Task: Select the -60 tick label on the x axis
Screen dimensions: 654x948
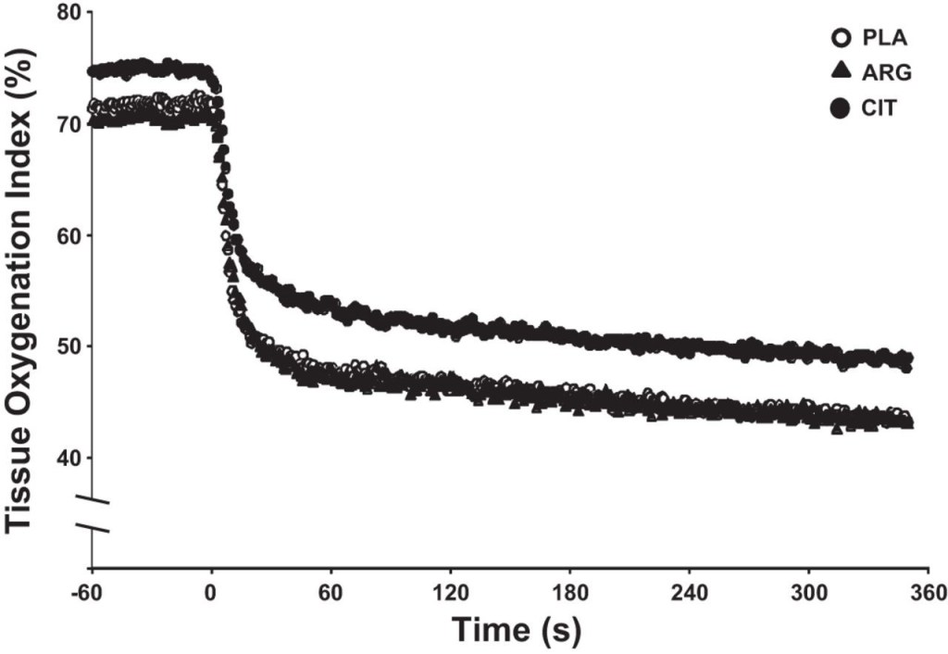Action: point(90,592)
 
